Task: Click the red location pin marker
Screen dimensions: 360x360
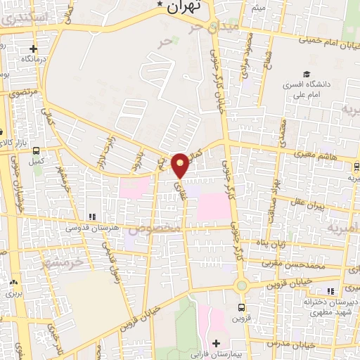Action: pyautogui.click(x=181, y=165)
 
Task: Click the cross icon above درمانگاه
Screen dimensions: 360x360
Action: pyautogui.click(x=32, y=49)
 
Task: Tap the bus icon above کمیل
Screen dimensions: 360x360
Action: pyautogui.click(x=35, y=149)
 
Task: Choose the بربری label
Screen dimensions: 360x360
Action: pyautogui.click(x=13, y=292)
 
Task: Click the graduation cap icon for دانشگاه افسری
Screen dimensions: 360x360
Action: pyautogui.click(x=305, y=74)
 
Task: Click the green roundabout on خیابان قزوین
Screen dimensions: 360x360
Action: pyautogui.click(x=242, y=285)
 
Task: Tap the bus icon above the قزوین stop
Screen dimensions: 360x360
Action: pyautogui.click(x=242, y=307)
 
